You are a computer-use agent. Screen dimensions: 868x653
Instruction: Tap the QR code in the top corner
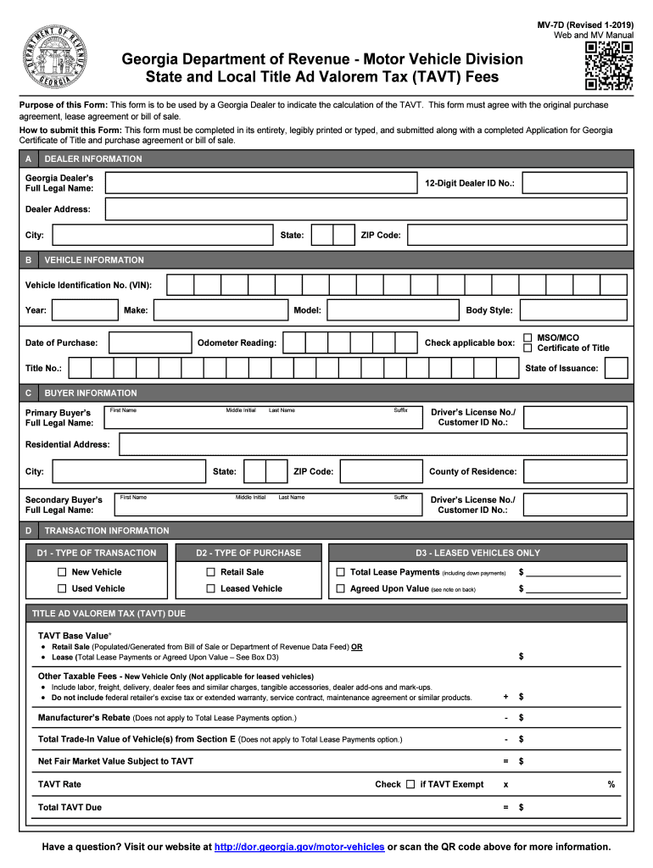tap(609, 66)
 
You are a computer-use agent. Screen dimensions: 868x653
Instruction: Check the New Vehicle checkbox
tap(62, 572)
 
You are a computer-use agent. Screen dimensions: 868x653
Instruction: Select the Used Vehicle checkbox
tap(62, 588)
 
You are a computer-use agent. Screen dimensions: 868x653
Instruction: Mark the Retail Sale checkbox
tap(210, 572)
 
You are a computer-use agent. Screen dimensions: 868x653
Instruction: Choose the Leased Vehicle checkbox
tap(210, 588)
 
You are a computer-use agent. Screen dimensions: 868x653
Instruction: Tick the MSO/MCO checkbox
tap(527, 337)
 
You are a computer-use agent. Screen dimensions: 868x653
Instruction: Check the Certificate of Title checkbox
tap(527, 348)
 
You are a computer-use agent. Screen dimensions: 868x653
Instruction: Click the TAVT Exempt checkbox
tap(410, 784)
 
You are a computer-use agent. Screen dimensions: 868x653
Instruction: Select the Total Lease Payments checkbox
tap(341, 572)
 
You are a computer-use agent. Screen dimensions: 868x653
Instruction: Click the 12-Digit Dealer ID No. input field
tap(575, 183)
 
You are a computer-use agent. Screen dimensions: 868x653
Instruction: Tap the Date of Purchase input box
tap(151, 342)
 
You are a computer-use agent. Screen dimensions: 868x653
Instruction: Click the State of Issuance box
tap(617, 368)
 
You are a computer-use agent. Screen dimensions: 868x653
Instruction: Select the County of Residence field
tap(575, 471)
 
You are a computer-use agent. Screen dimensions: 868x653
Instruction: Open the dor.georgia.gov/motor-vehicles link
tap(299, 847)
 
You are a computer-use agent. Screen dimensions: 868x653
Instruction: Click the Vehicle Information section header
tap(94, 260)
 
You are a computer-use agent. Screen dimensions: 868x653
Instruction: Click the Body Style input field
tap(573, 310)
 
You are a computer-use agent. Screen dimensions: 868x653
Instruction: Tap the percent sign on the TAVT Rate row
tap(611, 785)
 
